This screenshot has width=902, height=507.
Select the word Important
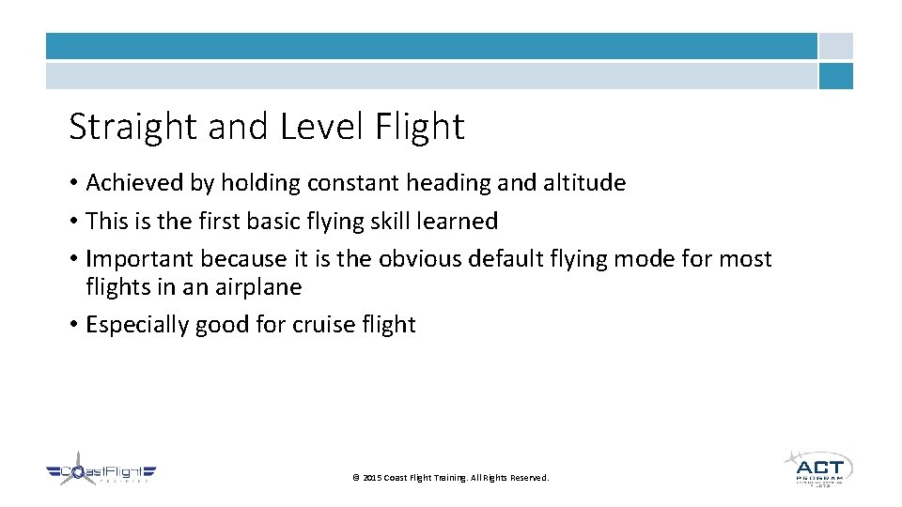pos(139,259)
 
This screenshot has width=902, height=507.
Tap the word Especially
pos(137,325)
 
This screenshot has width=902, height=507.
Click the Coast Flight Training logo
pos(101,471)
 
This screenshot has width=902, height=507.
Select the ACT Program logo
pos(817,469)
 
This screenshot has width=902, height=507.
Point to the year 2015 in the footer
pos(371,478)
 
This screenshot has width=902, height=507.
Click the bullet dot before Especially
pos(73,325)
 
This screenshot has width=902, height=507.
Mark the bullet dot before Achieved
pos(73,183)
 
